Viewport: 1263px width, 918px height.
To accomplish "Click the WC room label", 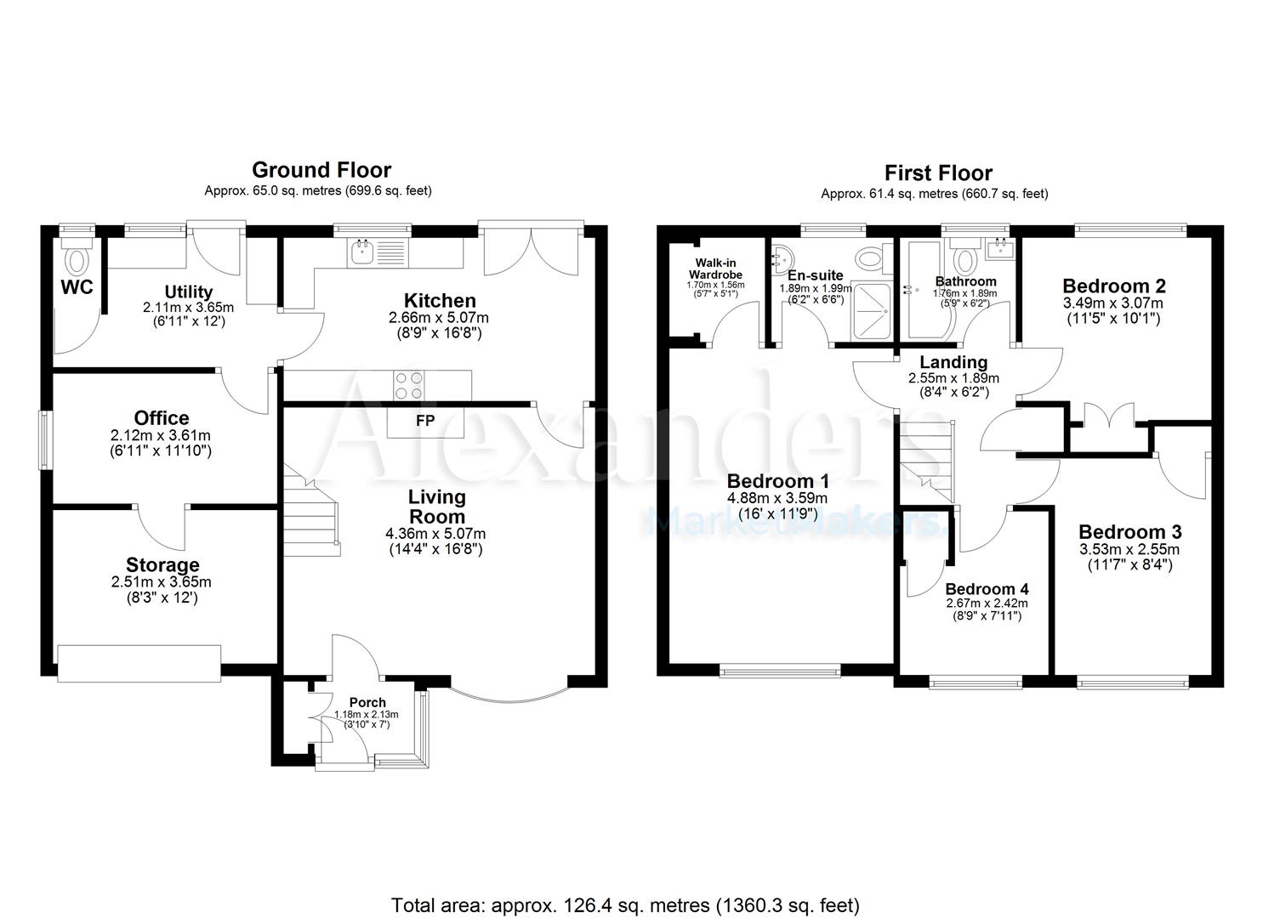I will pyautogui.click(x=77, y=286).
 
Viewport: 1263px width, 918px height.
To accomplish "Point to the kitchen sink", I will pyautogui.click(x=363, y=251).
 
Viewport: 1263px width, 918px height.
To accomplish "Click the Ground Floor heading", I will pyautogui.click(x=321, y=170).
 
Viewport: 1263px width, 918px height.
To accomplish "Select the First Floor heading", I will pyautogui.click(x=938, y=173).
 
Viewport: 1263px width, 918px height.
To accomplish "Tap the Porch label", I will pyautogui.click(x=367, y=702).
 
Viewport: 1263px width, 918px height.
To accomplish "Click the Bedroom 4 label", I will pyautogui.click(x=987, y=589).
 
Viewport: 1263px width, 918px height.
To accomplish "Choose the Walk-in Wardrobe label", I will pyautogui.click(x=715, y=269).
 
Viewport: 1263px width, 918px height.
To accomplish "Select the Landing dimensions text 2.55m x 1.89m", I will pyautogui.click(x=953, y=378).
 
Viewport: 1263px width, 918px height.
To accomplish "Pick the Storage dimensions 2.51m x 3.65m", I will pyautogui.click(x=161, y=582).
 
